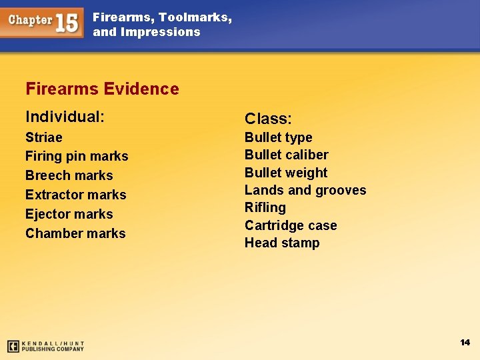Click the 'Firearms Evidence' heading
coord(102,89)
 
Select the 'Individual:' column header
coord(65,117)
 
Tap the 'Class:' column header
coord(268,119)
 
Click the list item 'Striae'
coord(44,137)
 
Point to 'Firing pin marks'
coord(77,156)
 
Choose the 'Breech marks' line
coord(69,175)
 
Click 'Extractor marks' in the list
coord(76,195)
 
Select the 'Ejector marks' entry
coord(69,214)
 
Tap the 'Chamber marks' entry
coord(75,233)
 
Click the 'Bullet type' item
coord(278,137)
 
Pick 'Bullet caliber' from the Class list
coord(287,155)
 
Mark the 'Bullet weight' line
coord(286,173)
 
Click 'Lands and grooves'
coord(305,190)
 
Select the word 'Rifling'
coord(265,207)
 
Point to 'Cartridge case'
coord(291,225)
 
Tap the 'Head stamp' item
coord(282,243)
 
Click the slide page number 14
coord(465,342)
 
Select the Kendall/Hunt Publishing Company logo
coord(45,346)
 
